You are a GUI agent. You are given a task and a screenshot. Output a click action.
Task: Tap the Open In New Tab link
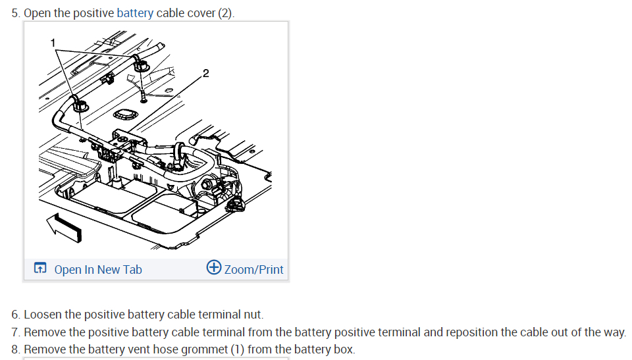[97, 269]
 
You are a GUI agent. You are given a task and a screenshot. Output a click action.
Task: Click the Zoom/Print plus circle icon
[213, 268]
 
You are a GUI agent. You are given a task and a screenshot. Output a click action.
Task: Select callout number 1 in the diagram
[53, 43]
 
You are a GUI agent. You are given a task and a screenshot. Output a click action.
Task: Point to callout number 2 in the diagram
[205, 72]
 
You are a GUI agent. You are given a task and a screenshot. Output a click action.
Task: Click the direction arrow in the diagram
[64, 227]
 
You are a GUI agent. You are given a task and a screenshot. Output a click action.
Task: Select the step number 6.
[15, 315]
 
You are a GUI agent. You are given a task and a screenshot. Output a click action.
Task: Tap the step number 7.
[15, 332]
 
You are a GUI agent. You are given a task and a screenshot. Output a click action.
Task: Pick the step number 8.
[15, 349]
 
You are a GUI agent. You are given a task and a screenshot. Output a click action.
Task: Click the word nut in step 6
[255, 315]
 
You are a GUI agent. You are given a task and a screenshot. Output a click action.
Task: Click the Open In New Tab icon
[40, 269]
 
